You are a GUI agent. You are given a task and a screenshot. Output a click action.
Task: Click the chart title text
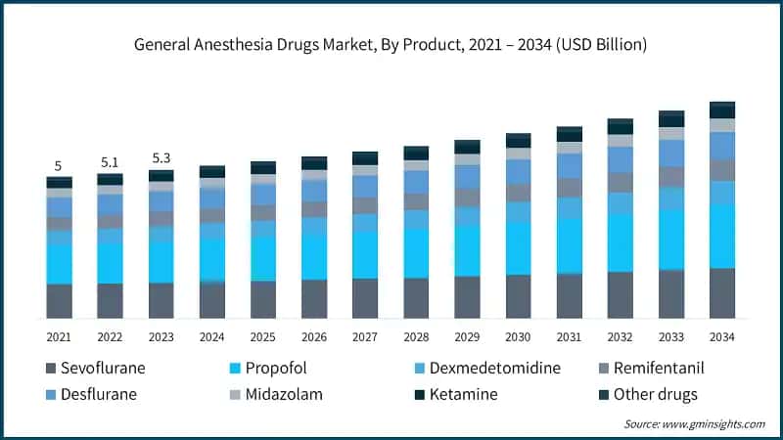(x=391, y=45)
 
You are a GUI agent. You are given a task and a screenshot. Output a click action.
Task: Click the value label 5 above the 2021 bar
(x=59, y=166)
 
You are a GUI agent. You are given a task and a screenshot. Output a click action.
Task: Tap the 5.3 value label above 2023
(x=161, y=158)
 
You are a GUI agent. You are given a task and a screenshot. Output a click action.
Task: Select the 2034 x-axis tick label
(x=721, y=335)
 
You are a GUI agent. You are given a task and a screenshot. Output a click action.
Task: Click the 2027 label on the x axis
(x=365, y=335)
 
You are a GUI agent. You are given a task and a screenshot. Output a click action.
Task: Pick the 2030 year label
(x=518, y=335)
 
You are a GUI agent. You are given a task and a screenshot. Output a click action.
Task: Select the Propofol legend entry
(x=267, y=369)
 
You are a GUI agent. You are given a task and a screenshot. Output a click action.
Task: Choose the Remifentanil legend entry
(x=649, y=369)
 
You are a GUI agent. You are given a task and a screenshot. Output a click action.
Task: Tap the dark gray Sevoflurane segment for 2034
(x=721, y=292)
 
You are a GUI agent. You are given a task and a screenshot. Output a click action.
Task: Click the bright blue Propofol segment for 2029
(x=467, y=250)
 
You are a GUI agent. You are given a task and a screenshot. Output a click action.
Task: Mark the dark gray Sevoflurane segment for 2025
(x=263, y=299)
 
